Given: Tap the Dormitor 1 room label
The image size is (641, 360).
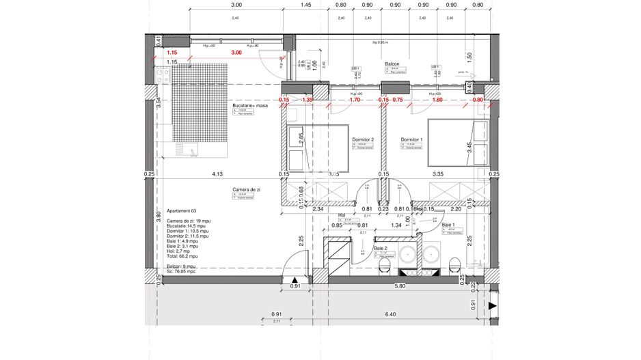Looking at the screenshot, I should pyautogui.click(x=412, y=139).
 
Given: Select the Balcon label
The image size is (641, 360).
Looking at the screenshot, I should pyautogui.click(x=392, y=63).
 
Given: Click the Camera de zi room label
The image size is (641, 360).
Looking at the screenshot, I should pyautogui.click(x=244, y=189).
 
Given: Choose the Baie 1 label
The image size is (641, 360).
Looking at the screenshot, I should pyautogui.click(x=448, y=225).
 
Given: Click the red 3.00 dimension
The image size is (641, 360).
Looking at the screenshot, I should pyautogui.click(x=236, y=53).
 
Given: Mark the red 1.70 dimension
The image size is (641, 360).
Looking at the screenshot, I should pyautogui.click(x=354, y=100).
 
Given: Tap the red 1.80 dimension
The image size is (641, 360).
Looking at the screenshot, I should pyautogui.click(x=437, y=100).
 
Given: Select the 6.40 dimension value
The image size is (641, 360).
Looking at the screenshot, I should pyautogui.click(x=390, y=314).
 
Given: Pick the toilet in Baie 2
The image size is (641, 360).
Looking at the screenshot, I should pyautogui.click(x=384, y=263).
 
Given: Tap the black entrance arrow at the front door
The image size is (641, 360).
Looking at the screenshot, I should pyautogui.click(x=295, y=280).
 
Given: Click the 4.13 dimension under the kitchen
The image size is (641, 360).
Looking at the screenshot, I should pyautogui.click(x=217, y=174).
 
